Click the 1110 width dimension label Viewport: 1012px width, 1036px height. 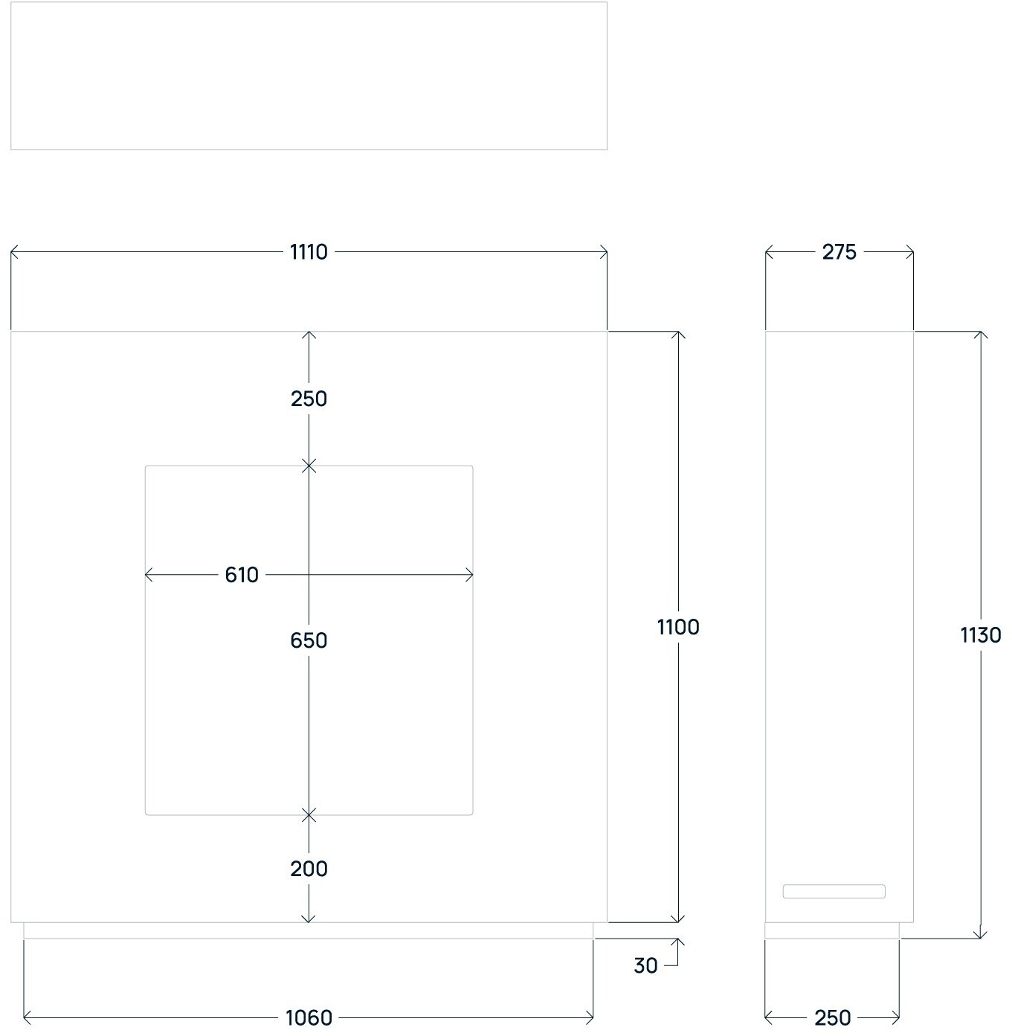[309, 252]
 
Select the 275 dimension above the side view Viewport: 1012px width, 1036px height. [839, 252]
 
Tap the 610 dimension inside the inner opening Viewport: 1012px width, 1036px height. [242, 575]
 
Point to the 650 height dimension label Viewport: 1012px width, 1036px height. [309, 640]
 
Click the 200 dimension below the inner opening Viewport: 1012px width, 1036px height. [309, 869]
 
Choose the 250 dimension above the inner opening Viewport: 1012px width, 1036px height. [309, 399]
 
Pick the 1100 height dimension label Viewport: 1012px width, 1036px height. [678, 627]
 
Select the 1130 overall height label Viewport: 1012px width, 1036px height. [981, 635]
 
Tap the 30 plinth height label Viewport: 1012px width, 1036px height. [645, 965]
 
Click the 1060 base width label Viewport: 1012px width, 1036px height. [309, 1017]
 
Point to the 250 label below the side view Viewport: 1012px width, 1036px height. [832, 1017]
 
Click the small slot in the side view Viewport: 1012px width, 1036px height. [834, 891]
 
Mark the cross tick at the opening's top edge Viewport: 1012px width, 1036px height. [309, 466]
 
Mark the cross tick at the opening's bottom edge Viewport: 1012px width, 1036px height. [309, 815]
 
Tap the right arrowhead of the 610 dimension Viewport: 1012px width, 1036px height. [469, 575]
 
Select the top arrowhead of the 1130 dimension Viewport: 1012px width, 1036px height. [981, 335]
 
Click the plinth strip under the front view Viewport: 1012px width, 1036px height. [309, 930]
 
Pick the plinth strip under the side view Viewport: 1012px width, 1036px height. [832, 930]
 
